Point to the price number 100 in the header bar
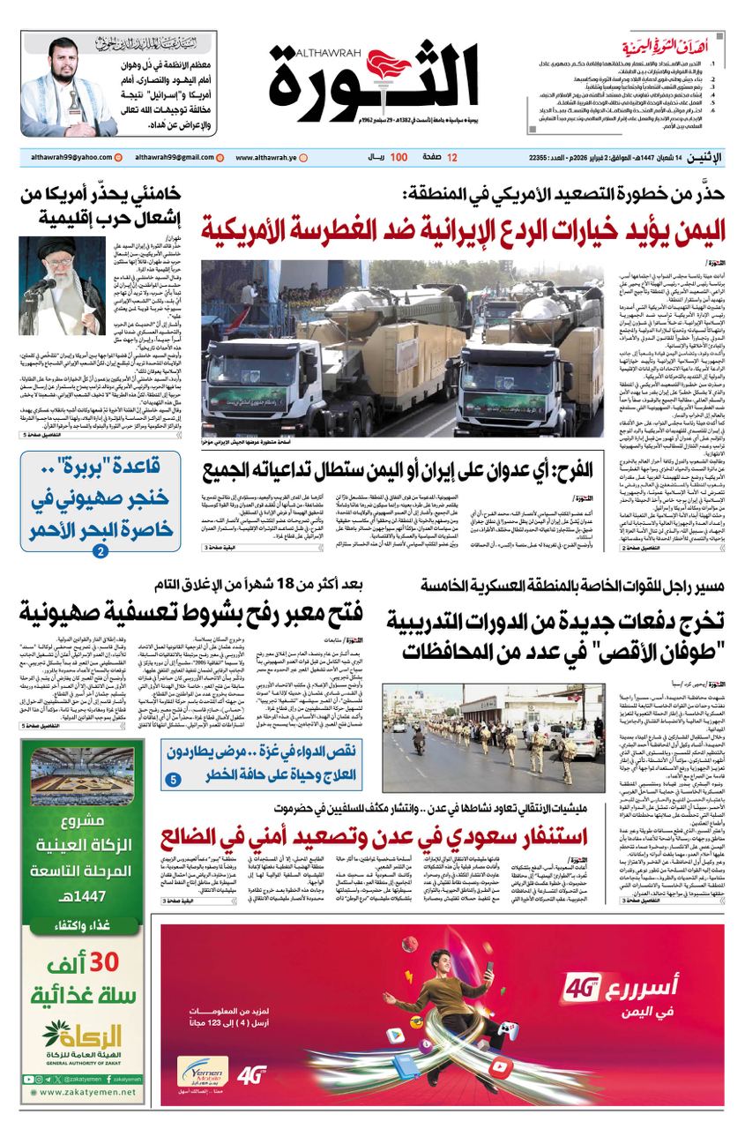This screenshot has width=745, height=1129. (x=399, y=157)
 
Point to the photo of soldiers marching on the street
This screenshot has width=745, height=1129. (x=493, y=737)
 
